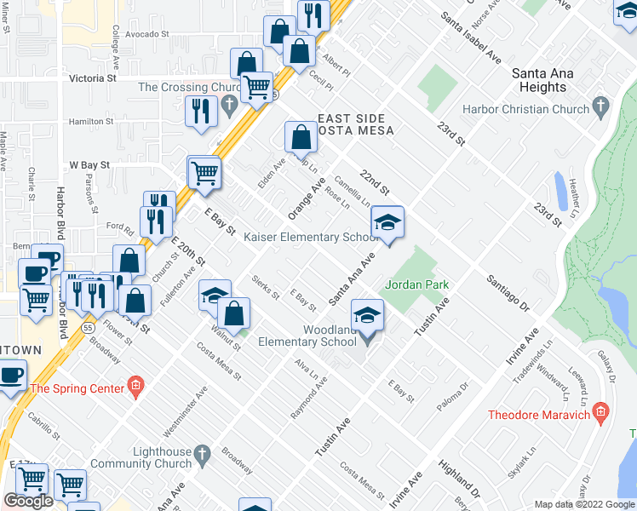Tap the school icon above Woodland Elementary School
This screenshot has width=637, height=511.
368,316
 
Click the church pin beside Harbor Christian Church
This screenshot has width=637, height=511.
602,108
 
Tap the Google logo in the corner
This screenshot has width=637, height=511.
28,501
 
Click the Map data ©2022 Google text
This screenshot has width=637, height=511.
585,504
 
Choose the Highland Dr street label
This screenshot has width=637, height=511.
461,478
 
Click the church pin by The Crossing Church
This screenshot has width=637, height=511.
229,106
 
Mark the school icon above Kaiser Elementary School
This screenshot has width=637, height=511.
387,222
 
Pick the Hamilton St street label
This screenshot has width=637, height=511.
91,122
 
